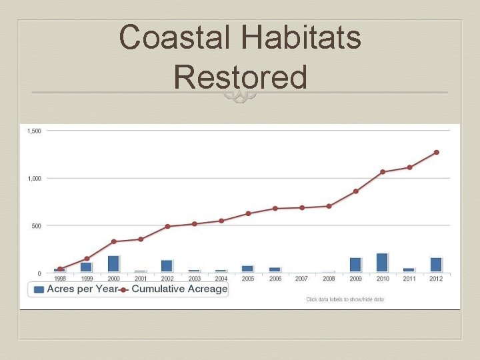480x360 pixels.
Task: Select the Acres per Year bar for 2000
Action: click(x=113, y=264)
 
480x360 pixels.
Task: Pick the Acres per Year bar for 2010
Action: click(x=382, y=263)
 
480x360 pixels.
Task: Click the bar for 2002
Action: click(x=167, y=266)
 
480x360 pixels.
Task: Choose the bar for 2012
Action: click(x=436, y=265)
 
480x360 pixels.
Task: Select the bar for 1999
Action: click(x=87, y=267)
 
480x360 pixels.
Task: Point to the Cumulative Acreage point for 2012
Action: click(x=436, y=152)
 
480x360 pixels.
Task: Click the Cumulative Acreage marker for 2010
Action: click(x=383, y=172)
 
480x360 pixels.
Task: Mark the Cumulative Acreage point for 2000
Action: click(x=113, y=241)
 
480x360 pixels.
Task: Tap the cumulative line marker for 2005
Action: click(x=248, y=213)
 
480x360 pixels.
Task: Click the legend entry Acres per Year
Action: click(x=73, y=289)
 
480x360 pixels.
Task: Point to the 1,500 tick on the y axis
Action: click(x=34, y=131)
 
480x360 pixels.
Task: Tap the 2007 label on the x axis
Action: click(x=302, y=279)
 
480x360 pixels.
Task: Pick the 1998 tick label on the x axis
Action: click(x=60, y=279)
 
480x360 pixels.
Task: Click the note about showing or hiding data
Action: click(x=345, y=299)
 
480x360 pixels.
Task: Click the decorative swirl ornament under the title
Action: click(x=240, y=97)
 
